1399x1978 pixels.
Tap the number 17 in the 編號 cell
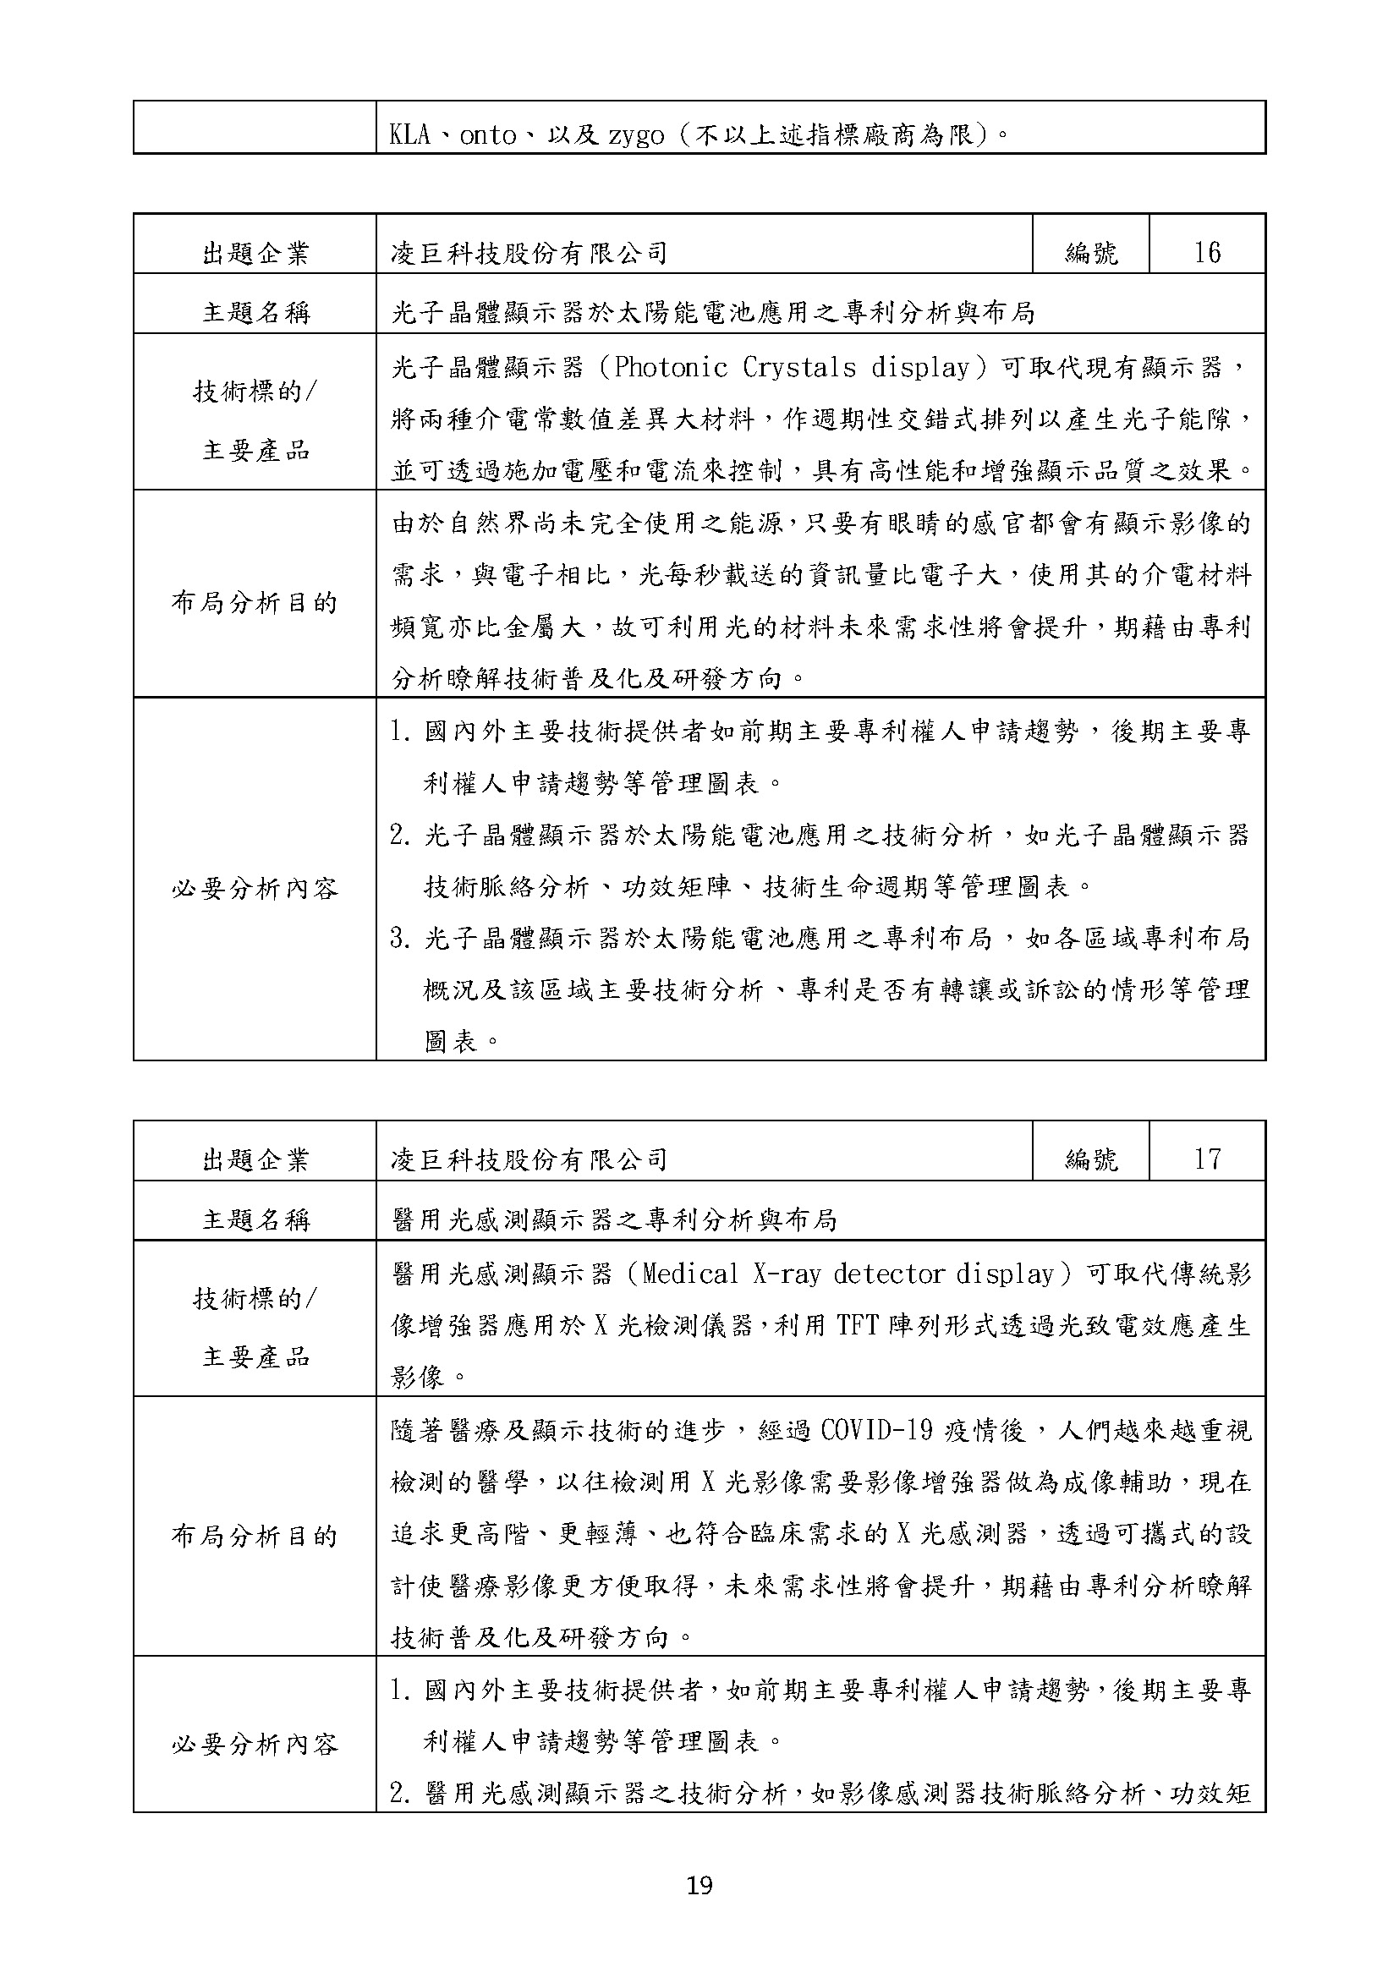tap(1207, 1159)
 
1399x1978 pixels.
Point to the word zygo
tap(636, 136)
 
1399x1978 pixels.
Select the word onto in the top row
tap(488, 135)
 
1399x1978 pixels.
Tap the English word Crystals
tap(799, 369)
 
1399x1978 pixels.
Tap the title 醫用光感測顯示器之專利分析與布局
tap(613, 1220)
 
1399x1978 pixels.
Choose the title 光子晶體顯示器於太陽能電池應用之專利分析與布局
tap(712, 313)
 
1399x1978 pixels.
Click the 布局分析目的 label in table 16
tap(254, 603)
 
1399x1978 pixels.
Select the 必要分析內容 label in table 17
tap(254, 1745)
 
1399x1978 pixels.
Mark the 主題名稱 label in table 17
tap(254, 1220)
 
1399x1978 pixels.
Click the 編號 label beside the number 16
tap(1090, 254)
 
